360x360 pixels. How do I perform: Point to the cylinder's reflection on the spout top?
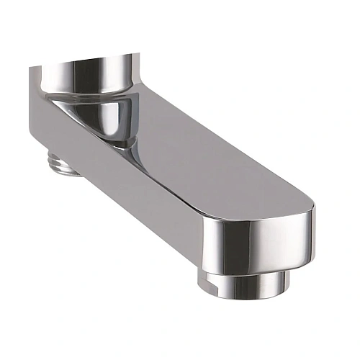[115, 122]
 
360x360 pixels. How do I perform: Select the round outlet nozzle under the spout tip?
[246, 283]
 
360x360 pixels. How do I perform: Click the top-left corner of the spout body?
[32, 68]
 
